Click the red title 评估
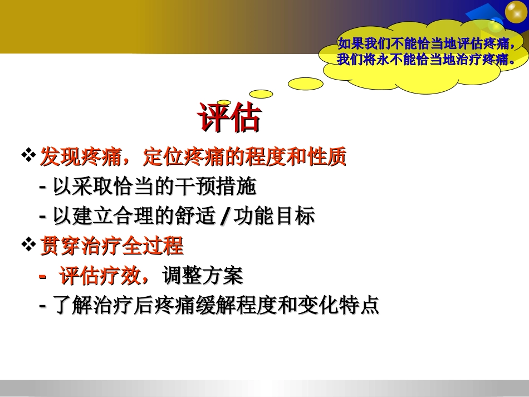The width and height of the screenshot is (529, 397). pos(229,117)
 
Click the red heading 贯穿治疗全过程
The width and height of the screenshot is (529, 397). pos(111,246)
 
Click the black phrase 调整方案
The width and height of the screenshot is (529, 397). pos(203,276)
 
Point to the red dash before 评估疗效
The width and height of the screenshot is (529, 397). pos(43,276)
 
